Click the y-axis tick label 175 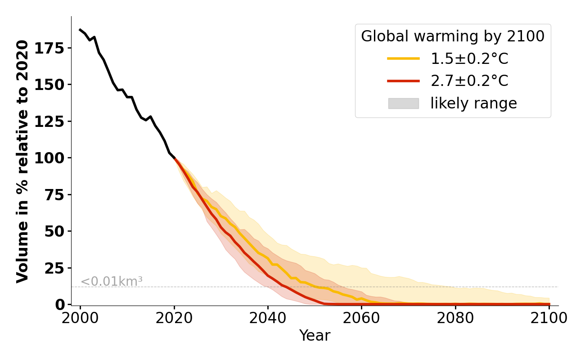50,48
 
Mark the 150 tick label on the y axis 50,85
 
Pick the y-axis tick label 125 50,121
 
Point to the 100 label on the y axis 50,158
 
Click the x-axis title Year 315,336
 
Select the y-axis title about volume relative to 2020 22,161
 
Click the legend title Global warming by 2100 453,36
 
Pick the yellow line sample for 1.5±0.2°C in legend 403,58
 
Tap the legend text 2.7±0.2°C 469,81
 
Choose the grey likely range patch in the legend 403,103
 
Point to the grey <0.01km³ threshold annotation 111,282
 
